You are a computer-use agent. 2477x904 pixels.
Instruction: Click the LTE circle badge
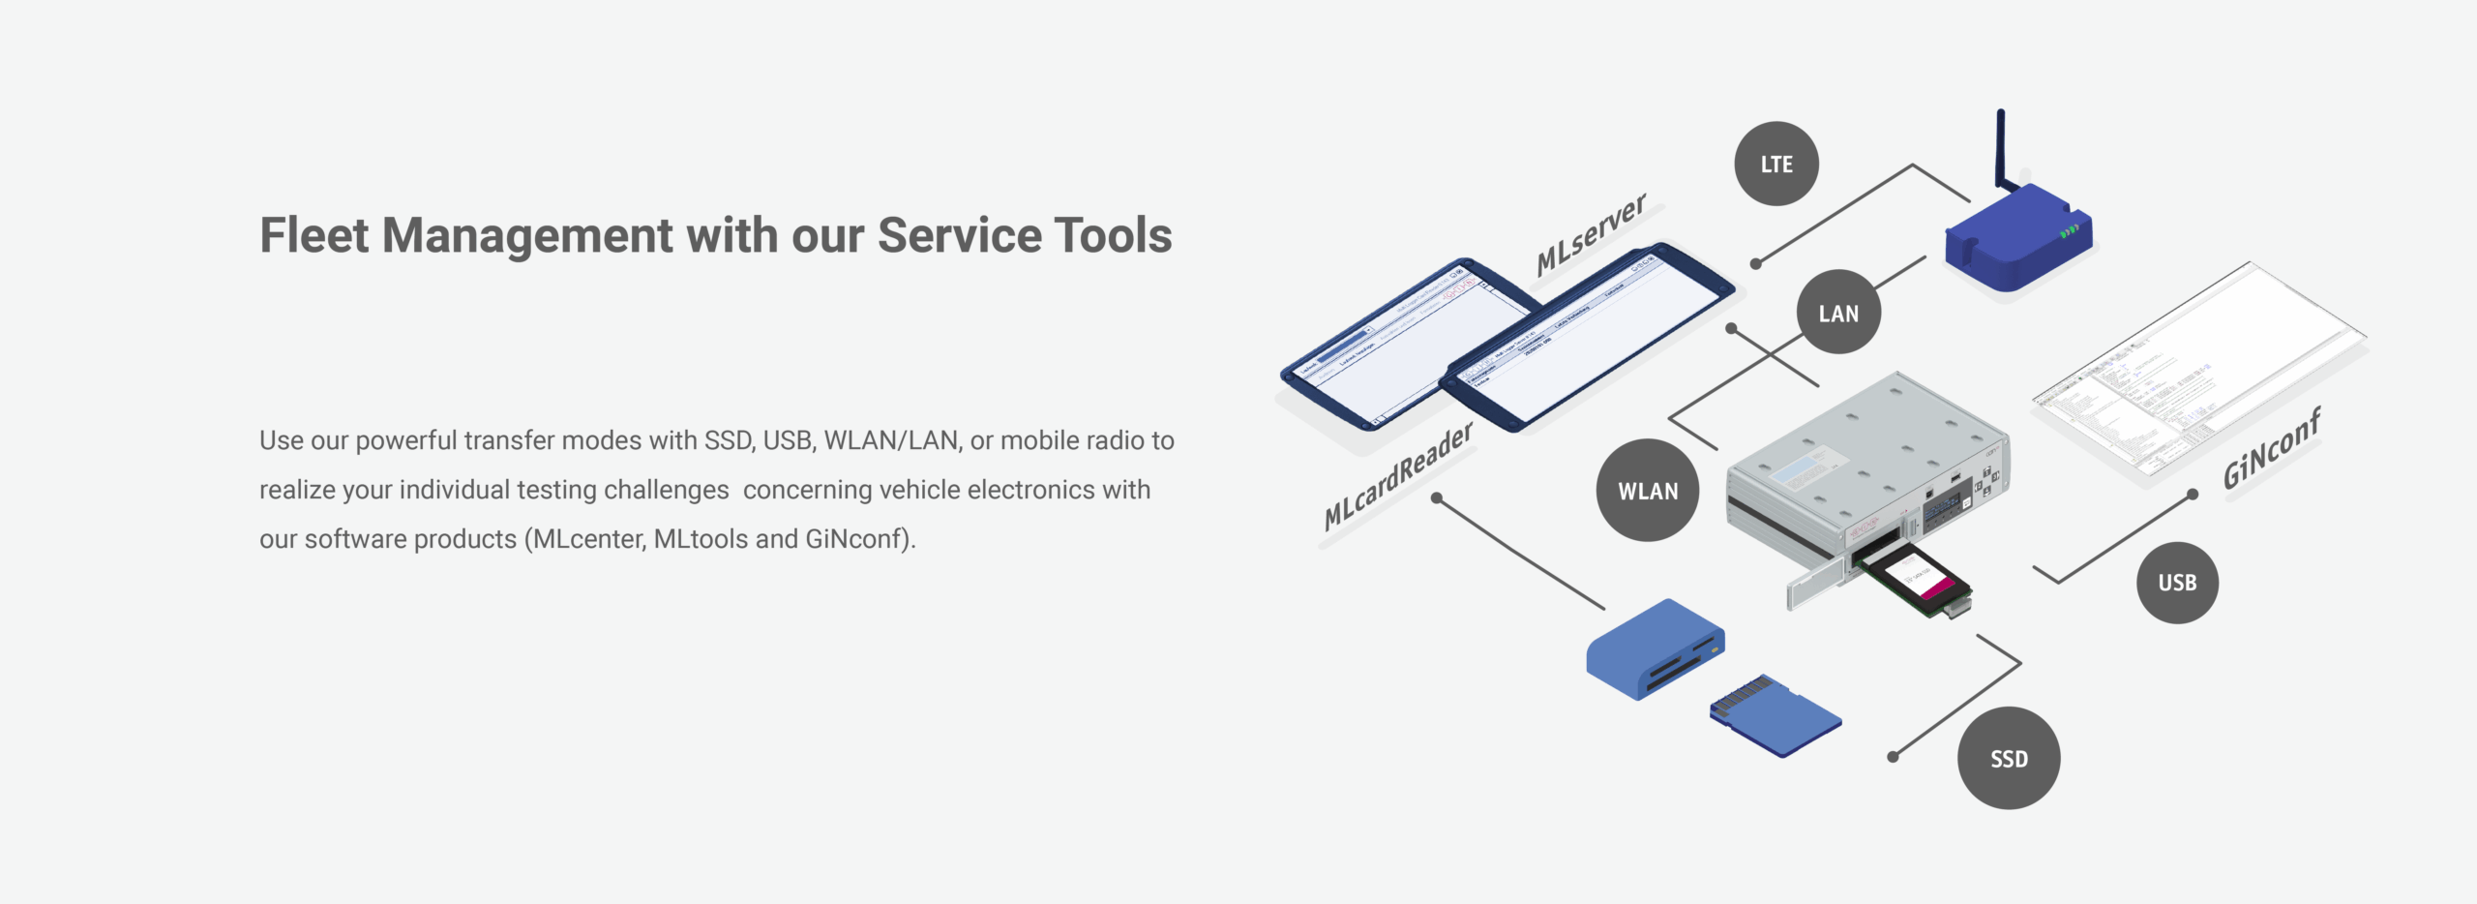coord(1776,164)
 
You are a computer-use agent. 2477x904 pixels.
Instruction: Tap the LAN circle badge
coord(1837,313)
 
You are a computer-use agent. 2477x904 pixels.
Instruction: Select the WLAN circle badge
coord(1647,491)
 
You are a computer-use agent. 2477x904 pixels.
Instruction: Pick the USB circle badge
coord(2177,583)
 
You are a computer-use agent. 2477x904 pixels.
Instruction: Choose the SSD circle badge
coord(2009,759)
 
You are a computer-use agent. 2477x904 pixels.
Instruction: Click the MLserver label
coord(1591,233)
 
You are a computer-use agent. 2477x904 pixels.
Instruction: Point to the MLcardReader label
coord(1397,476)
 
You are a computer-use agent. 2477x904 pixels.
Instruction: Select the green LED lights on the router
coord(2069,231)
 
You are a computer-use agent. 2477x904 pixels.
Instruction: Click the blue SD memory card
coord(1775,716)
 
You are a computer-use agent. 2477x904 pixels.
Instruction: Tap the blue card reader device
coord(1655,648)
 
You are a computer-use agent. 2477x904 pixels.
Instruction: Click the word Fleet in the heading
coord(314,235)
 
